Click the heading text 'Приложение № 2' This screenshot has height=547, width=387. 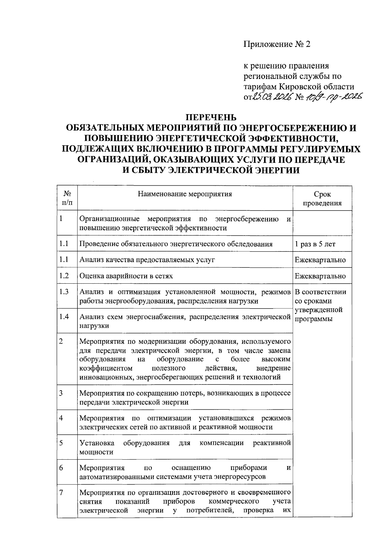point(276,44)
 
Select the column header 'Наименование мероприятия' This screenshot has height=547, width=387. point(185,194)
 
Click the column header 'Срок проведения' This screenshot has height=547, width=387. point(322,199)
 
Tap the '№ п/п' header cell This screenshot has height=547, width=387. point(67,198)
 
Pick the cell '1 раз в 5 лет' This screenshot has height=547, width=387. point(315,244)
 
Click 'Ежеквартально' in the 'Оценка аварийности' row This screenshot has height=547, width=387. point(320,276)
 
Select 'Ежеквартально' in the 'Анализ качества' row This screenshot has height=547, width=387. point(320,260)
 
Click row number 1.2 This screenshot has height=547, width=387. point(64,276)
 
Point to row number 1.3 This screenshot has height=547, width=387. point(64,292)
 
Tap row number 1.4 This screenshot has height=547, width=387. point(64,317)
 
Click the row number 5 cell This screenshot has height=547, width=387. point(61,443)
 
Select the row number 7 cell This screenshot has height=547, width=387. point(61,493)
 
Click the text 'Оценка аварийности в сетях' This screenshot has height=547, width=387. point(126,276)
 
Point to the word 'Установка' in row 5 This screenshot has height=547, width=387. point(97,443)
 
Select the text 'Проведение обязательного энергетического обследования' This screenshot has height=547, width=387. point(176,244)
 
